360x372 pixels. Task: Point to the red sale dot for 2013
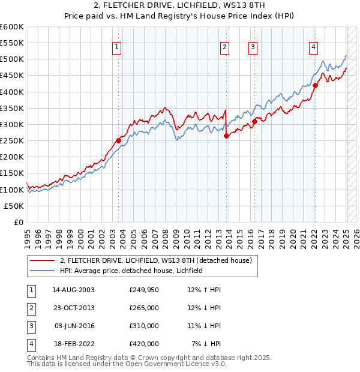pos(226,136)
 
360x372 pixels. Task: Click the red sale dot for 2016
pos(254,122)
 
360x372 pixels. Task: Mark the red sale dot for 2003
pos(118,141)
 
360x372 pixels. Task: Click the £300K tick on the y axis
pos(12,124)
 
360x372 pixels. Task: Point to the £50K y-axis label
pos(14,206)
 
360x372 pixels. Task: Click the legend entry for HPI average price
pos(131,271)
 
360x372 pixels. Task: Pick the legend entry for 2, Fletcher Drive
pos(159,260)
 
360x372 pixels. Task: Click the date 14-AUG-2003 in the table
pos(73,290)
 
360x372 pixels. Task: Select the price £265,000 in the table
pos(144,308)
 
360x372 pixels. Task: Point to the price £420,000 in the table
pos(144,344)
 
